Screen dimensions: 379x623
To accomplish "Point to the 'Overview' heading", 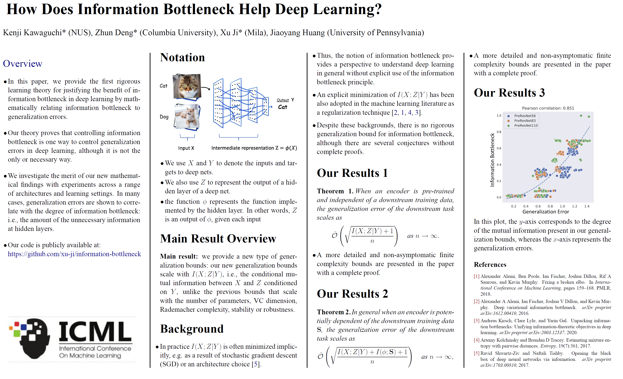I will pyautogui.click(x=23, y=63).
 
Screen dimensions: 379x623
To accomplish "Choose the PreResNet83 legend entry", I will pyautogui.click(x=525, y=121).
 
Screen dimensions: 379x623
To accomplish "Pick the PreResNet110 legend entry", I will pyautogui.click(x=526, y=125).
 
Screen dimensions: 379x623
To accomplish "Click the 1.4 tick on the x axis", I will pyautogui.click(x=587, y=206).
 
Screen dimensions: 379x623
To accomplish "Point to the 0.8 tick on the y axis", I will pyautogui.click(x=499, y=132).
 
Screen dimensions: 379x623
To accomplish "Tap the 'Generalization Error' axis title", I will pyautogui.click(x=545, y=212).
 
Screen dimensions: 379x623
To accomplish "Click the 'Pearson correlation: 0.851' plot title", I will pyautogui.click(x=548, y=108).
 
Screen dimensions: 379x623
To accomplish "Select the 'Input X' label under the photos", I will pyautogui.click(x=186, y=148).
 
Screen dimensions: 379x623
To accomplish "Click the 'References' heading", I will pyautogui.click(x=490, y=265).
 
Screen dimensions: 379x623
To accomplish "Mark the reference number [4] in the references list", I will pyautogui.click(x=476, y=340).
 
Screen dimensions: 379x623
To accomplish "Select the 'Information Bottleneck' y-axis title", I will pyautogui.click(x=492, y=160).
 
